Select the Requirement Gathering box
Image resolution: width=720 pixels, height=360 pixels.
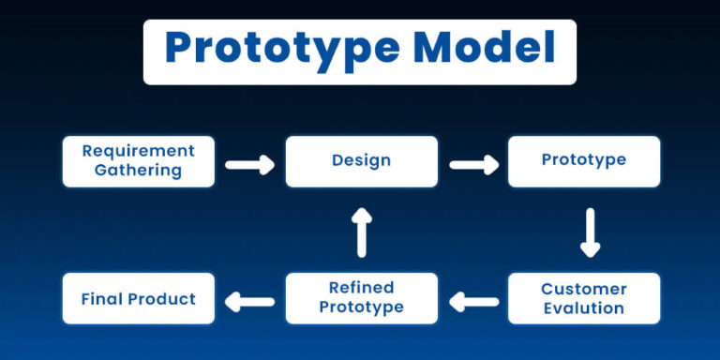(138, 160)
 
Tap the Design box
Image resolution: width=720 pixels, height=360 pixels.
(361, 160)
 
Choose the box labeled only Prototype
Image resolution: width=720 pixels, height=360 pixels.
(583, 160)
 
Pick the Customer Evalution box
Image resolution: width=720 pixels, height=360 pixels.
(583, 298)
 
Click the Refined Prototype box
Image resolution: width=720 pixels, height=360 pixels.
(361, 298)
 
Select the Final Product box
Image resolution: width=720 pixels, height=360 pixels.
(138, 299)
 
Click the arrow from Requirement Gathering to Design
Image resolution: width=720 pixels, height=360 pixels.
(249, 165)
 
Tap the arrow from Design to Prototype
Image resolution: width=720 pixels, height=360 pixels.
(472, 165)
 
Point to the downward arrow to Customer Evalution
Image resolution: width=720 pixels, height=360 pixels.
(589, 232)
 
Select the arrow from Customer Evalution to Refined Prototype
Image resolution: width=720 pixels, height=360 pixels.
(473, 302)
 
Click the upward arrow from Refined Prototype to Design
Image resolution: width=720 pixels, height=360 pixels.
(362, 232)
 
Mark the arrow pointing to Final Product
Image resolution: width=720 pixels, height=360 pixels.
(250, 302)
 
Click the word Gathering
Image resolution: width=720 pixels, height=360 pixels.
(138, 171)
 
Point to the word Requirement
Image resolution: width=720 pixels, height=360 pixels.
(138, 150)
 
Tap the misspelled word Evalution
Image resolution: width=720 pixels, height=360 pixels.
(583, 308)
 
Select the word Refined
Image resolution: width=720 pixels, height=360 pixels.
(361, 288)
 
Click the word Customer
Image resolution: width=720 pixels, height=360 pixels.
(583, 288)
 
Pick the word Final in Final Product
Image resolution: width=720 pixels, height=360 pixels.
(101, 299)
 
